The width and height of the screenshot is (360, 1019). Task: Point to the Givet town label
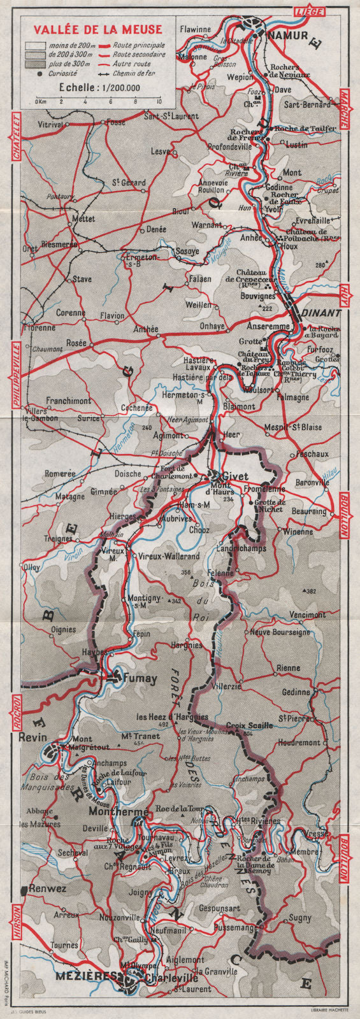point(234,475)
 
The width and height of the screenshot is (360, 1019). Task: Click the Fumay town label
point(141,679)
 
